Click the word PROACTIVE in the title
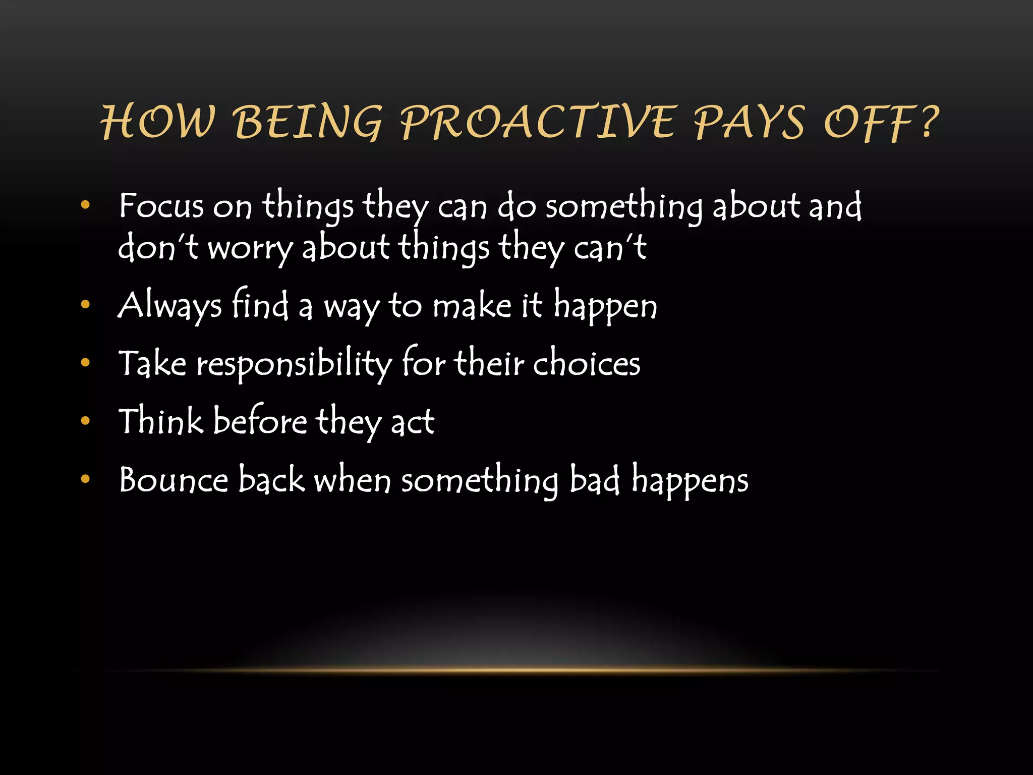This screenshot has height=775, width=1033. [x=538, y=123]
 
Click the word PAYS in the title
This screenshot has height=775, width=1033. [x=749, y=123]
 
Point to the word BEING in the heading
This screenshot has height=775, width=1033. [x=309, y=123]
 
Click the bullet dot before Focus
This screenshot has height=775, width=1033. [x=85, y=205]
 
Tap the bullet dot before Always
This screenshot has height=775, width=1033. [x=85, y=304]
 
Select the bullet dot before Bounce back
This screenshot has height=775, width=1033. [x=85, y=479]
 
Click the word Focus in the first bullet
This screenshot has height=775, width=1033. [x=161, y=206]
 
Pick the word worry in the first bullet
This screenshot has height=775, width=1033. [x=250, y=248]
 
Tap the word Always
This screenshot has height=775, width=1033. [x=169, y=306]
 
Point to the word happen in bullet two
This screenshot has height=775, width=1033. [x=605, y=307]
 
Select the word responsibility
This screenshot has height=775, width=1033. [x=294, y=364]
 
